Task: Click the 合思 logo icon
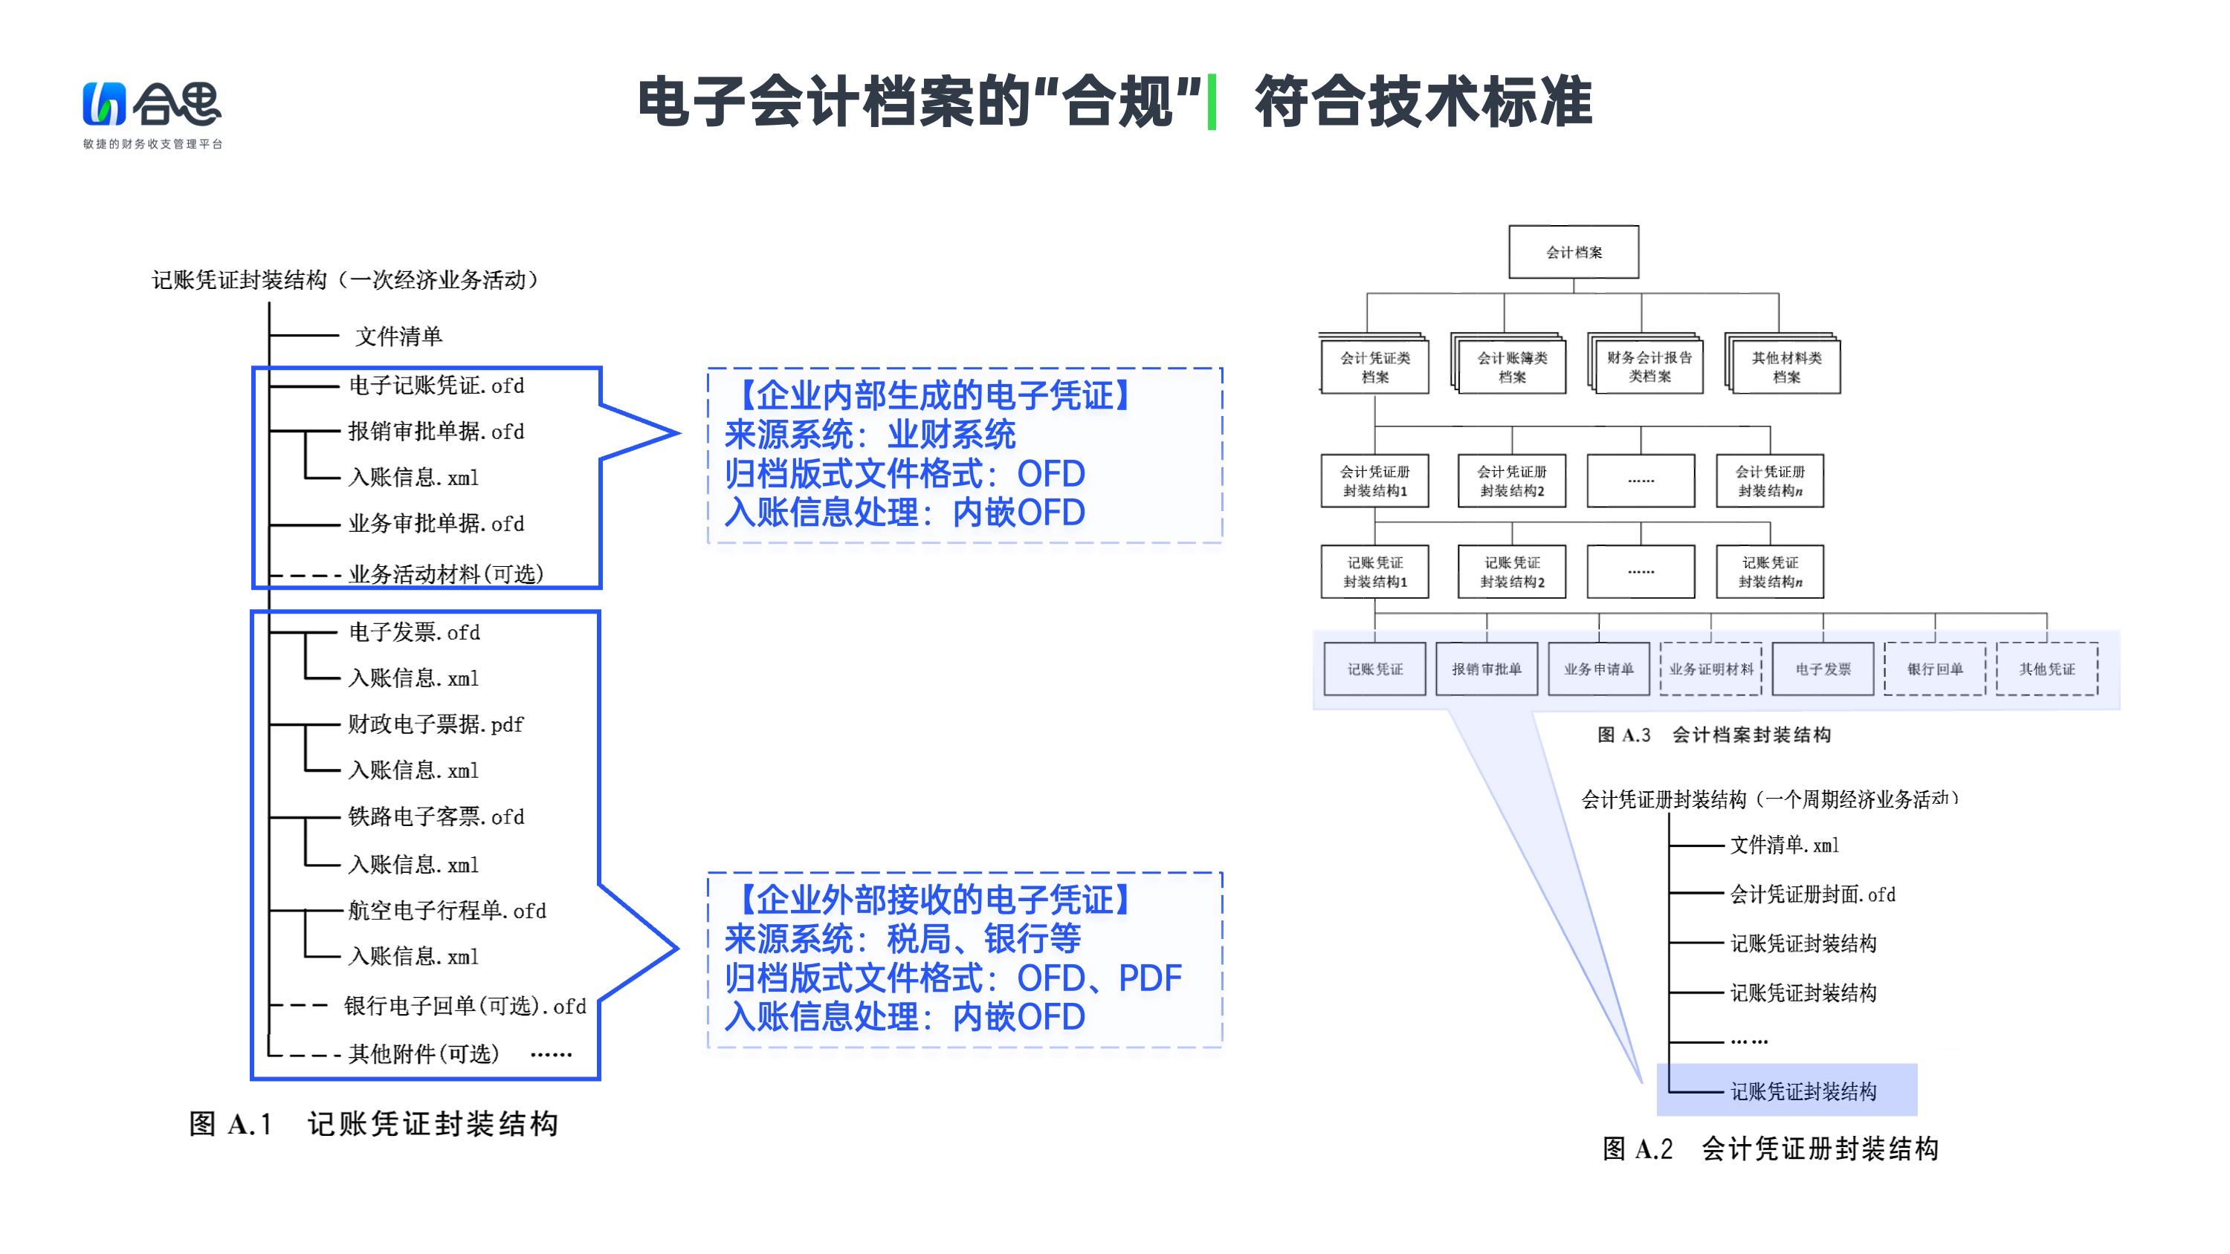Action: (x=104, y=104)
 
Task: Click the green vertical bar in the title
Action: (x=1212, y=102)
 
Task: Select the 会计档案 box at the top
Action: (x=1573, y=252)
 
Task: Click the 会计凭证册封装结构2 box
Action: (x=1511, y=481)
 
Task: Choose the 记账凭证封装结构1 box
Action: (x=1374, y=572)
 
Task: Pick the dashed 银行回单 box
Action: (x=1935, y=669)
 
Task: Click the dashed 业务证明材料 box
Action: (x=1710, y=669)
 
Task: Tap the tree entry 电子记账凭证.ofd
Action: (x=436, y=386)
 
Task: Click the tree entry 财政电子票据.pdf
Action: (x=436, y=724)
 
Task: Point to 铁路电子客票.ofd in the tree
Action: (x=436, y=817)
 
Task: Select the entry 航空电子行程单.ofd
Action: (x=447, y=911)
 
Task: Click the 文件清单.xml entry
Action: (x=1784, y=845)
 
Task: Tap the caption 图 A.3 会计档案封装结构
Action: (x=1713, y=735)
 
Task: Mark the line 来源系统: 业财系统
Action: (x=869, y=435)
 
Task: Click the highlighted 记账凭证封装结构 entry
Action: (x=1803, y=1091)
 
